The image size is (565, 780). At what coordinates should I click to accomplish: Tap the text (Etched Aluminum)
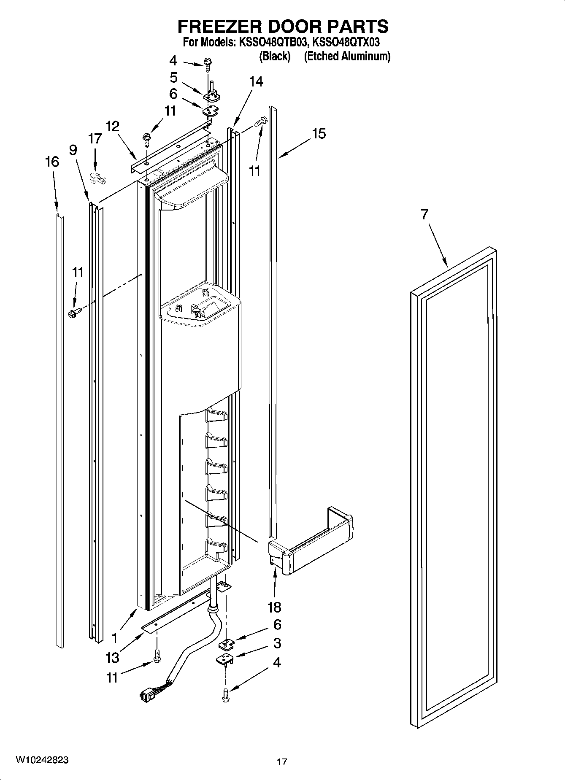point(347,56)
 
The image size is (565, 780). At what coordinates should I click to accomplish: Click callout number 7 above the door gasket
point(424,214)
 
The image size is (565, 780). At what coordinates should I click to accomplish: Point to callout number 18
point(274,607)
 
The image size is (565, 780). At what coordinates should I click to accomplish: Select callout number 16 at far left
point(52,162)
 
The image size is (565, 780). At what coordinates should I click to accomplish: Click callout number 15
point(319,134)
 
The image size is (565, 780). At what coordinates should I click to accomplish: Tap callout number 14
point(256,81)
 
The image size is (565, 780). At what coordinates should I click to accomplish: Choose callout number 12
point(112,126)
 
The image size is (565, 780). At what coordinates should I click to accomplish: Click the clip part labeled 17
point(98,178)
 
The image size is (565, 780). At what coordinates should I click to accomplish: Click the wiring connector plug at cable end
point(147,694)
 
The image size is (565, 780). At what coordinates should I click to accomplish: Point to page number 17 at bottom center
point(282,762)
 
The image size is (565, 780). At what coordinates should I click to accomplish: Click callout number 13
point(113,657)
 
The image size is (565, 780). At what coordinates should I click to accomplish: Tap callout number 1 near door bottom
point(115,637)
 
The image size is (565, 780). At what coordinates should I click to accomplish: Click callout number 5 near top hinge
point(173,78)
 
